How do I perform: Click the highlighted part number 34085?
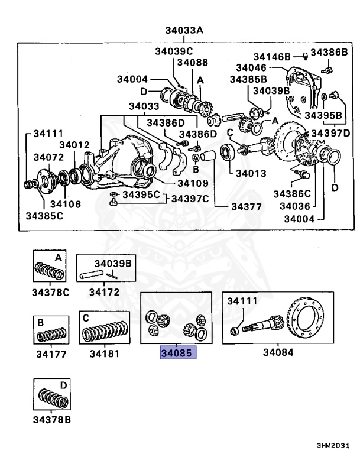178,355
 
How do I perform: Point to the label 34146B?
272,56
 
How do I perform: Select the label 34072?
48,157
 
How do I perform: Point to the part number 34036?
294,206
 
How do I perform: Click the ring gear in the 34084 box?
306,320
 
